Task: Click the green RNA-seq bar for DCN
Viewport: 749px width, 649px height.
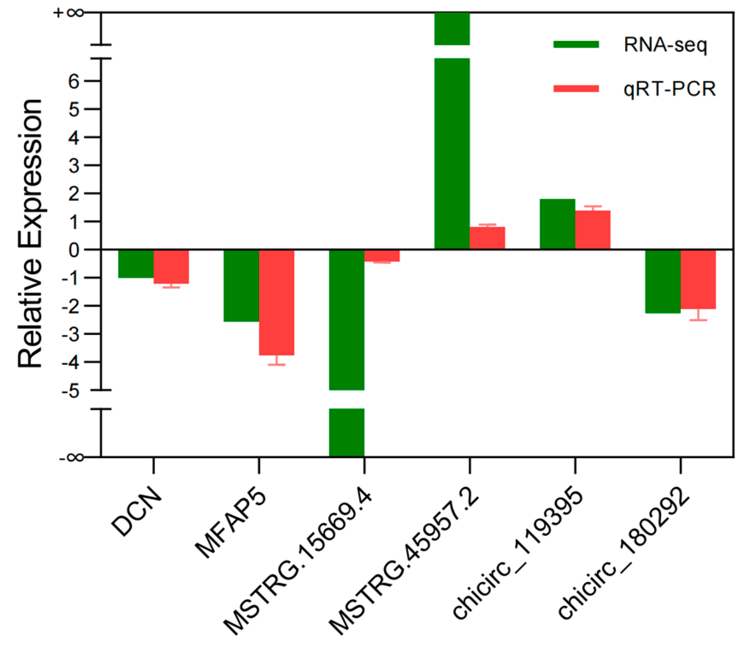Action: pos(136,264)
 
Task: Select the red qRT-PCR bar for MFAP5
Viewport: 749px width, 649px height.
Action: pos(277,302)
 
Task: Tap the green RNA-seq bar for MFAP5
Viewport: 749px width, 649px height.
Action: pos(241,285)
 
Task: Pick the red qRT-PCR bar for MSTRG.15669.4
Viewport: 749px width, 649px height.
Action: pos(382,255)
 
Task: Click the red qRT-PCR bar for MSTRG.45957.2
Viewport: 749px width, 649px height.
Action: pos(487,238)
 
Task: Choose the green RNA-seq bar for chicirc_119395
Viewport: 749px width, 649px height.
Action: pos(557,224)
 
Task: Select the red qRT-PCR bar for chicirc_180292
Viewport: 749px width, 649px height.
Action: pos(698,279)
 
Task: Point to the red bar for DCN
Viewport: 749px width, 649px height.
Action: pos(171,267)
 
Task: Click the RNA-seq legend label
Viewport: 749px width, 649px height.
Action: pos(665,44)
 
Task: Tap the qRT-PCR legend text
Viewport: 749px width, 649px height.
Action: pos(669,89)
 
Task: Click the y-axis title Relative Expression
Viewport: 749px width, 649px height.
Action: pos(30,233)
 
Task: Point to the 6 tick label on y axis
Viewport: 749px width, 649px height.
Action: pos(74,81)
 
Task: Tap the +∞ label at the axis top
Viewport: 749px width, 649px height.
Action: pos(68,13)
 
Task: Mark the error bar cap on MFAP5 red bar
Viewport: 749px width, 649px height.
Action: pos(277,365)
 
